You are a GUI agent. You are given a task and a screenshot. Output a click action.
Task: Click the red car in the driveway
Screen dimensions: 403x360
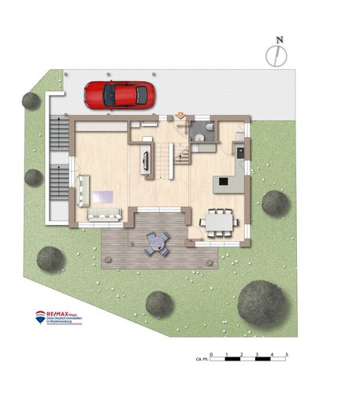click(x=120, y=95)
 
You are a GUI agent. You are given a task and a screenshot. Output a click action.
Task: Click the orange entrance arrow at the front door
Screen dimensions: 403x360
click(x=180, y=116)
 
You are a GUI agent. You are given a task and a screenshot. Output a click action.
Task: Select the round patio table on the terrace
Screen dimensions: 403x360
click(x=156, y=243)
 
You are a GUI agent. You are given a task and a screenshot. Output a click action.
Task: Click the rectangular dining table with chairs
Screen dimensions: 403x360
click(x=220, y=221)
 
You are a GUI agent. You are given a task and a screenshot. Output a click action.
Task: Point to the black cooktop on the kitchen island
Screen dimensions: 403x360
click(x=223, y=182)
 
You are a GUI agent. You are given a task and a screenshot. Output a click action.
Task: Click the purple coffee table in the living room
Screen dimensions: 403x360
click(x=103, y=197)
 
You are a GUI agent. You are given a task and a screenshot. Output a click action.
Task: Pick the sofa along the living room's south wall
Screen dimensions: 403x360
click(x=104, y=215)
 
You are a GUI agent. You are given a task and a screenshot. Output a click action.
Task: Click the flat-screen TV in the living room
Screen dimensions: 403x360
click(x=146, y=161)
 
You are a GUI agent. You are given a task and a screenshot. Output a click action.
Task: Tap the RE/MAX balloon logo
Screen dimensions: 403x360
click(x=40, y=316)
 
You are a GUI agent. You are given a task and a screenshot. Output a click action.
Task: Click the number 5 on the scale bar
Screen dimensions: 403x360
click(x=287, y=355)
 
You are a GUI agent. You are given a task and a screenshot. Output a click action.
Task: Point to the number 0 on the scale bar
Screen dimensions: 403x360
click(x=211, y=355)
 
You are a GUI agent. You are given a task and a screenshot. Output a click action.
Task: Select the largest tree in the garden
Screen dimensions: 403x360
click(x=262, y=303)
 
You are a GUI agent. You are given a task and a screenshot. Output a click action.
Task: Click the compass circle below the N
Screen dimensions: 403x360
click(x=276, y=54)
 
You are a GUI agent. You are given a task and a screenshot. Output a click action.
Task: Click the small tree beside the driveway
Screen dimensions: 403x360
click(x=32, y=101)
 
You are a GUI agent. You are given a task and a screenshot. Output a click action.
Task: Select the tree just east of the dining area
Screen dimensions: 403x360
click(x=275, y=203)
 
